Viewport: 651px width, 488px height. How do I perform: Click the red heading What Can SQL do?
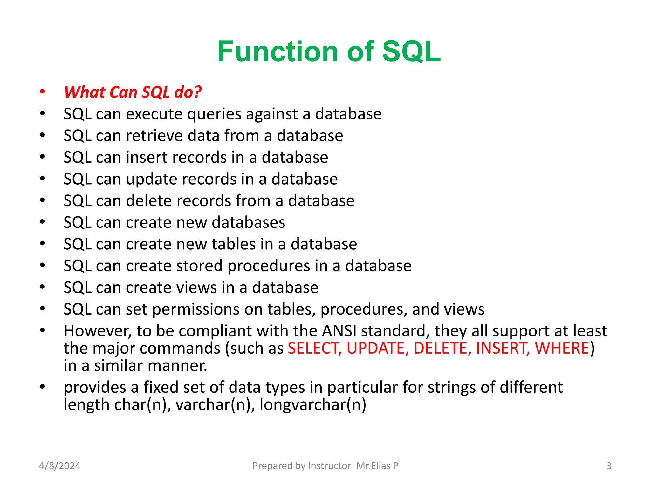(133, 92)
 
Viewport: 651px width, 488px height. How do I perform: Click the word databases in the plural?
(249, 222)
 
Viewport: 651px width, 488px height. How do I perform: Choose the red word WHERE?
(562, 348)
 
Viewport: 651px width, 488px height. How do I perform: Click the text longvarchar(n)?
(313, 405)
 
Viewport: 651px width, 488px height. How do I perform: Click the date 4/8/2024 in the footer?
(60, 466)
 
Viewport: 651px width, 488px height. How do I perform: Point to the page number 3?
(609, 466)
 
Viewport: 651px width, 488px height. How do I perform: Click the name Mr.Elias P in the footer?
(377, 466)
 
